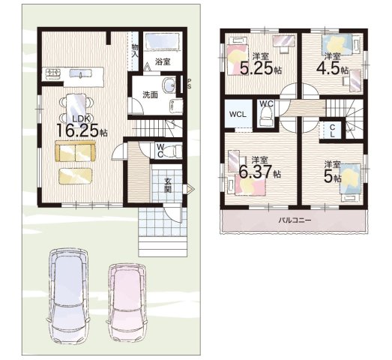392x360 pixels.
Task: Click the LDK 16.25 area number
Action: coord(79,130)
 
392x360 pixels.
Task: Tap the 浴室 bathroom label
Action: coord(163,61)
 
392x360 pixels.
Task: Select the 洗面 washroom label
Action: coord(150,94)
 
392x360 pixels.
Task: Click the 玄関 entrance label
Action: coord(167,185)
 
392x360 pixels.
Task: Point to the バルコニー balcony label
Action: coord(295,220)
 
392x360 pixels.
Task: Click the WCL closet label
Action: coord(238,115)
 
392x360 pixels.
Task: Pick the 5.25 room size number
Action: coord(256,67)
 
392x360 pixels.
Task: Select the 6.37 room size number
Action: coord(255,171)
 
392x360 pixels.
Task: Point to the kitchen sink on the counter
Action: coord(80,73)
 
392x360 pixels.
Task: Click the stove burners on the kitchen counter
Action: coord(53,73)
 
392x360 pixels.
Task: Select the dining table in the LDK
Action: coord(76,108)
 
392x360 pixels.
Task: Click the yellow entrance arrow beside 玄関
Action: coord(190,189)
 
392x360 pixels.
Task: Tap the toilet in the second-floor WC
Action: coord(267,116)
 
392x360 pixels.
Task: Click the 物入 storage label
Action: coord(135,50)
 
